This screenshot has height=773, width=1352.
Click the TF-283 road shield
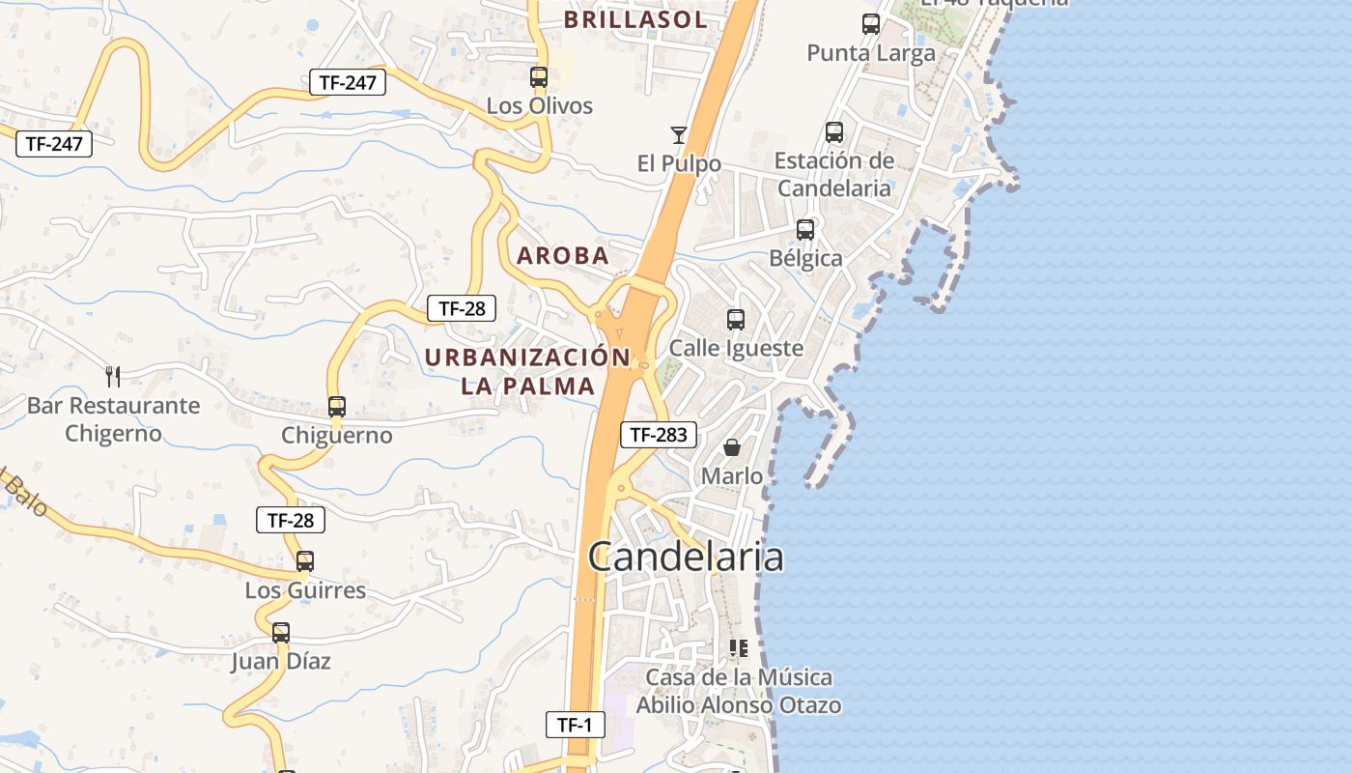(659, 435)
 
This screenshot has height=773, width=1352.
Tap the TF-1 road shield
(576, 725)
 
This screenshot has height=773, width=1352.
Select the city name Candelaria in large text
(686, 558)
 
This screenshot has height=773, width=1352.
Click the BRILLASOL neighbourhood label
(635, 19)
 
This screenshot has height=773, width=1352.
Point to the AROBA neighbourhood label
(563, 256)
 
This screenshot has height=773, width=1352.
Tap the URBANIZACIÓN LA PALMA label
(527, 371)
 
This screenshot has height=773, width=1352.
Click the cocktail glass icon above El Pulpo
(679, 134)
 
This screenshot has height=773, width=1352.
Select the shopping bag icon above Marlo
(732, 447)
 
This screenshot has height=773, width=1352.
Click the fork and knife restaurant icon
(113, 376)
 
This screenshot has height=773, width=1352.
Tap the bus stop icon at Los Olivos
(539, 77)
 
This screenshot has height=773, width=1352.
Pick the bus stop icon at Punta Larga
(871, 24)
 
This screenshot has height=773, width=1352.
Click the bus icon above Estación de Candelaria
(834, 132)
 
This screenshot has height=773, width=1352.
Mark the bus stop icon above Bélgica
(805, 230)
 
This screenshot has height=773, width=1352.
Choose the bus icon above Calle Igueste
(736, 319)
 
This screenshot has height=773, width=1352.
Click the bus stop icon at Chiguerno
(337, 407)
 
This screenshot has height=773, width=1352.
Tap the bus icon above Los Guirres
(305, 561)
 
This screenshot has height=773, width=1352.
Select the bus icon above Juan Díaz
(281, 633)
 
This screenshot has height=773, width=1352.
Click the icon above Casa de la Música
(739, 648)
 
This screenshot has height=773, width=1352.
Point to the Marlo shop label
(732, 476)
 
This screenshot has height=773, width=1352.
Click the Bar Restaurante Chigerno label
(113, 419)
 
